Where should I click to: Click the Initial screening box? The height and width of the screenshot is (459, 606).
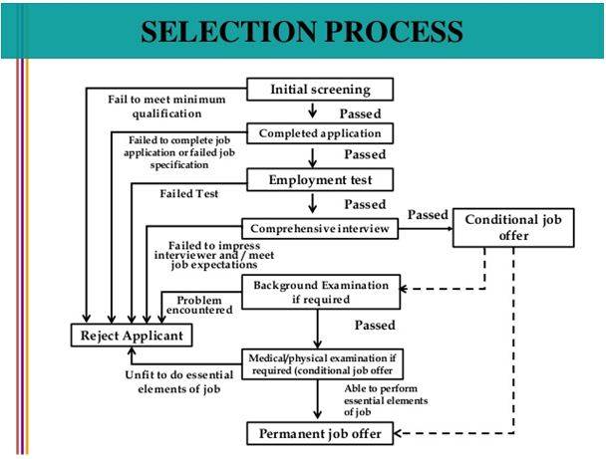[320, 90]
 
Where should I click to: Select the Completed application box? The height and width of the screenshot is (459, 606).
[320, 133]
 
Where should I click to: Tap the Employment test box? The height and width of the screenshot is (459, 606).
[320, 179]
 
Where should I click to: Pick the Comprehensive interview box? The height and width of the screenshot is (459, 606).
[320, 229]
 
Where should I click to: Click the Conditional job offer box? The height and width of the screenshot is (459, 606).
[513, 228]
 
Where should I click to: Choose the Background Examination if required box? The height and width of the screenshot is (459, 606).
[321, 292]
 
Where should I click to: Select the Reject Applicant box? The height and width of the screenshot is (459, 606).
[132, 336]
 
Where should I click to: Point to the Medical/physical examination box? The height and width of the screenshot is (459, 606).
[322, 364]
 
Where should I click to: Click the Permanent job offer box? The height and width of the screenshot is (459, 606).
[320, 433]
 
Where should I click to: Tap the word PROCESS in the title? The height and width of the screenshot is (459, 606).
[394, 31]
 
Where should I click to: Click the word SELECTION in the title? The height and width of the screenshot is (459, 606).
[228, 31]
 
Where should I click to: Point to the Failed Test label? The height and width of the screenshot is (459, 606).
[189, 193]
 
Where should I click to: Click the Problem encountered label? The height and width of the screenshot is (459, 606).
[199, 305]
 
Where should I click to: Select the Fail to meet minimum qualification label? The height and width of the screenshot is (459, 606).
[166, 107]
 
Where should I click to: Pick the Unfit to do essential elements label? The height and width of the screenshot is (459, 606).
[179, 381]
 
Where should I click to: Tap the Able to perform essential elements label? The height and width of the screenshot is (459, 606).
[386, 400]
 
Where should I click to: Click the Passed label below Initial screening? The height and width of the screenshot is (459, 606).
[360, 114]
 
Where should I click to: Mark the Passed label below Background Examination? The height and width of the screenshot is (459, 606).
[375, 325]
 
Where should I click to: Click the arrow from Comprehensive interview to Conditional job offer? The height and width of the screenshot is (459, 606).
[426, 229]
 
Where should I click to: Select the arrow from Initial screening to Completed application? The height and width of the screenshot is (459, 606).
[313, 111]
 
